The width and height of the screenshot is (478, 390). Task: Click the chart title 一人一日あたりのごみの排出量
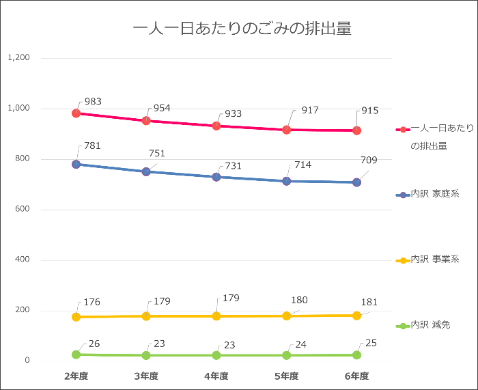click(242, 29)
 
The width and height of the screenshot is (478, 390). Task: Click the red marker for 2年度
click(76, 113)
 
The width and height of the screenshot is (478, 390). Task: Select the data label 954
click(162, 108)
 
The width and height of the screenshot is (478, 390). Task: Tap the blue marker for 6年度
click(356, 182)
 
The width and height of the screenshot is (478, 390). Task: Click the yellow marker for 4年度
click(216, 316)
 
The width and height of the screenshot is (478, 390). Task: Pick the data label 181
click(369, 303)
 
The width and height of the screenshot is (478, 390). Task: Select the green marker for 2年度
click(76, 354)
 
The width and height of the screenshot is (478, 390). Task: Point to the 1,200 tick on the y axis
click(18, 58)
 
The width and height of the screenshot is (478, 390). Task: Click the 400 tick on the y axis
click(23, 260)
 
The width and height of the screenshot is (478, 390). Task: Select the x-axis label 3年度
click(146, 376)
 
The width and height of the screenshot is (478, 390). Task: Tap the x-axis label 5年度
click(287, 376)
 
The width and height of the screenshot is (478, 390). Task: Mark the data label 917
click(310, 110)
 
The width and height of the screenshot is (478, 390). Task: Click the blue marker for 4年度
click(216, 177)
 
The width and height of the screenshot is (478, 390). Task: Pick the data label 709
click(369, 161)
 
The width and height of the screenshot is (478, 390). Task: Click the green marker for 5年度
click(287, 355)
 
